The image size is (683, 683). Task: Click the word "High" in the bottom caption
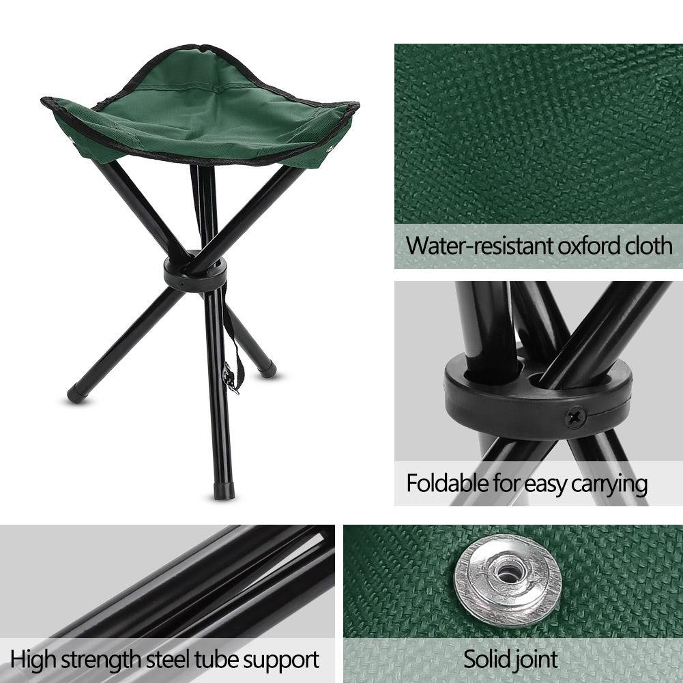tap(32, 660)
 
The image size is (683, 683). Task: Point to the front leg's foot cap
tap(223, 491)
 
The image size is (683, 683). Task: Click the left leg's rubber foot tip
tap(76, 394)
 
